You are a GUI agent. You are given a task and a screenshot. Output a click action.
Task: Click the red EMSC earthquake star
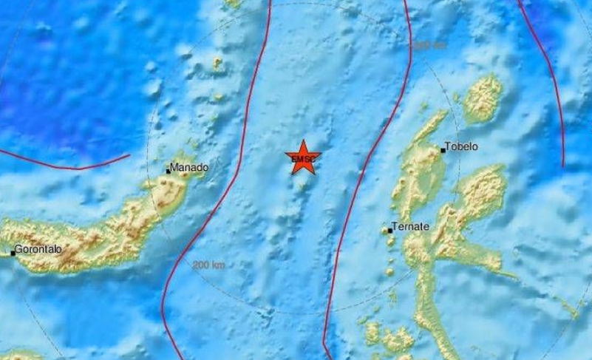[x=302, y=158]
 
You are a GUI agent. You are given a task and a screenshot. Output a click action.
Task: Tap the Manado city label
[x=189, y=168]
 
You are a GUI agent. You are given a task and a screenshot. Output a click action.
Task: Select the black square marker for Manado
[x=169, y=171]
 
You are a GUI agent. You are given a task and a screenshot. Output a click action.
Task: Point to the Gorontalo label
[x=38, y=249]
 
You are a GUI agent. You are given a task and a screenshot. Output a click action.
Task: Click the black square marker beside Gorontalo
[x=13, y=253]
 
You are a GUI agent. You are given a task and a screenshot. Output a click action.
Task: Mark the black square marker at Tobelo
[x=443, y=150]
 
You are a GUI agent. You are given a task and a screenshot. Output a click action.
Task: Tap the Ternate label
[x=411, y=227]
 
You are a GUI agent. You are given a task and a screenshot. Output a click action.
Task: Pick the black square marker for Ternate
[x=390, y=231]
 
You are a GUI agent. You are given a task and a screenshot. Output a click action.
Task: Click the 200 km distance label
[x=208, y=265]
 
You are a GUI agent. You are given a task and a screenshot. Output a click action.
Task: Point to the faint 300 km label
[x=429, y=46]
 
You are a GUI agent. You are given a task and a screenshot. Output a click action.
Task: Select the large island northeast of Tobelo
[x=483, y=97]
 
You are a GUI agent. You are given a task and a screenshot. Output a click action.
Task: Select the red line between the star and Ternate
[x=364, y=170]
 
